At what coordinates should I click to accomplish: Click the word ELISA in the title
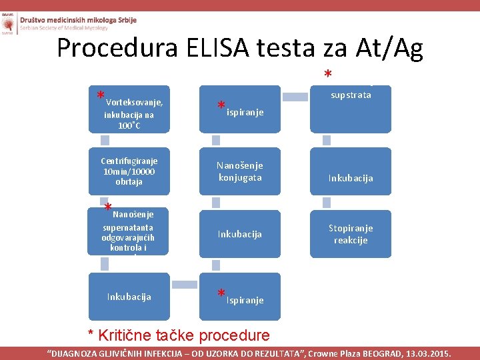(x=219, y=49)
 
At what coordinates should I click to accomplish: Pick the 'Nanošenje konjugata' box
(x=240, y=171)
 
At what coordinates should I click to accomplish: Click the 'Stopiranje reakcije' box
(x=351, y=233)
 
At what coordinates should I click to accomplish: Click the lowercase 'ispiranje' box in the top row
(x=240, y=109)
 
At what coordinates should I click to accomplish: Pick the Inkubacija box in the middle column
(x=240, y=234)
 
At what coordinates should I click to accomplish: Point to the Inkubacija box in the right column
(x=351, y=178)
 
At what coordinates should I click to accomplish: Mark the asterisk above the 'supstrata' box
(x=327, y=75)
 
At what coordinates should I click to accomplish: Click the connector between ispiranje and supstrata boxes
(x=295, y=97)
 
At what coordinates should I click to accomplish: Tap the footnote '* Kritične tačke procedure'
(x=179, y=335)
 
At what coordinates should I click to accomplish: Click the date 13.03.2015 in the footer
(x=427, y=353)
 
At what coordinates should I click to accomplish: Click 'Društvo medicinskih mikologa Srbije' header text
(x=78, y=20)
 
